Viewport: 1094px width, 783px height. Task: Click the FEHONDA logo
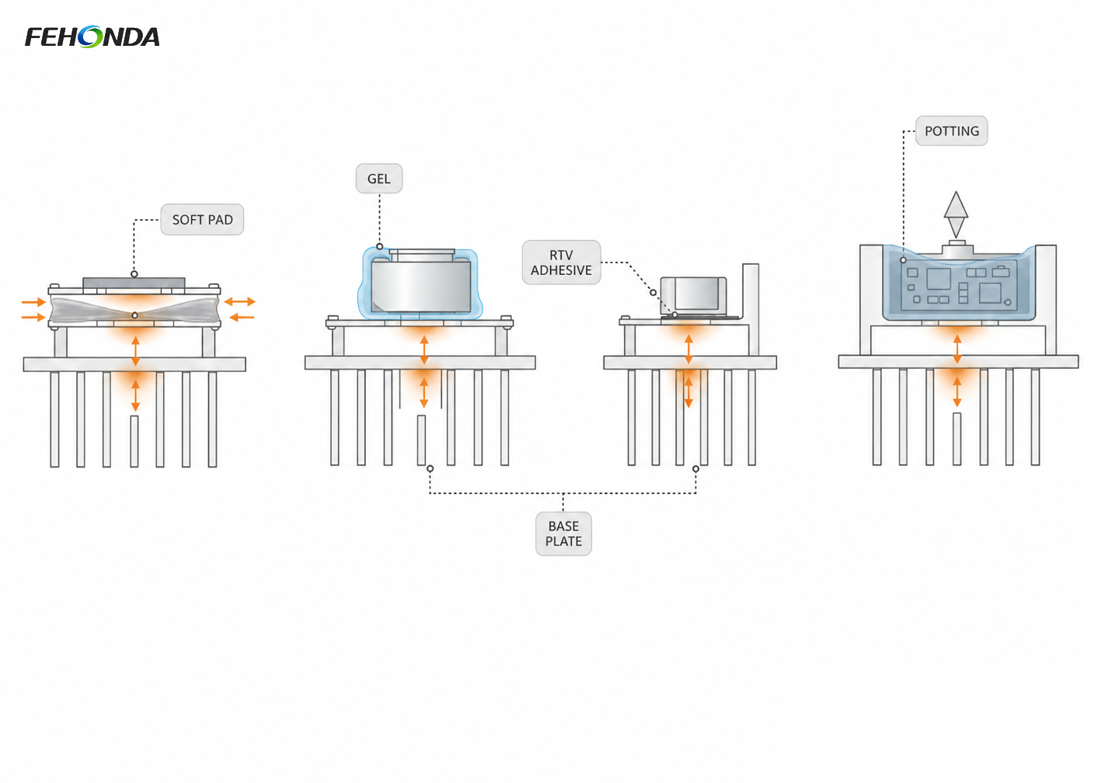pyautogui.click(x=92, y=37)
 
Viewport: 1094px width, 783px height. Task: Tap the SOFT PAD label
pyautogui.click(x=202, y=220)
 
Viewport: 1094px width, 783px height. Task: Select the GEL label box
pyautogui.click(x=379, y=179)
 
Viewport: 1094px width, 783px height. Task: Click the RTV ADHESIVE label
pyautogui.click(x=561, y=263)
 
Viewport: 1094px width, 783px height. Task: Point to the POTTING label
pyautogui.click(x=951, y=130)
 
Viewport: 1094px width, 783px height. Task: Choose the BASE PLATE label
pyautogui.click(x=563, y=534)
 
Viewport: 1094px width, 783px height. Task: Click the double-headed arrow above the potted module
pyautogui.click(x=956, y=214)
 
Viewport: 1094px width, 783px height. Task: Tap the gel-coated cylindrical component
pyautogui.click(x=421, y=283)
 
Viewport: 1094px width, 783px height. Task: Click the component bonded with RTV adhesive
pyautogui.click(x=693, y=295)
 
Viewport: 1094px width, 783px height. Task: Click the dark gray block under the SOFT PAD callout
pyautogui.click(x=134, y=283)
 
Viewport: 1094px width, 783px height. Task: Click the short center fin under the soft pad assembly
pyautogui.click(x=134, y=441)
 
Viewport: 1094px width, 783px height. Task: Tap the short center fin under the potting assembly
pyautogui.click(x=957, y=439)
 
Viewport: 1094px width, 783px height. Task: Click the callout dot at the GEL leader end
pyautogui.click(x=379, y=246)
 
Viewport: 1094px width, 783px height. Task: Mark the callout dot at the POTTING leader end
pyautogui.click(x=903, y=260)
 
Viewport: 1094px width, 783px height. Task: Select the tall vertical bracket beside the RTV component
pyautogui.click(x=751, y=309)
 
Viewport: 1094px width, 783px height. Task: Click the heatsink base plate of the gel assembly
pyautogui.click(x=420, y=363)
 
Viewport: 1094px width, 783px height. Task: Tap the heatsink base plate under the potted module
pyautogui.click(x=958, y=362)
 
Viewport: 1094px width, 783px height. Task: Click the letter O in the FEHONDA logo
pyautogui.click(x=90, y=37)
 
